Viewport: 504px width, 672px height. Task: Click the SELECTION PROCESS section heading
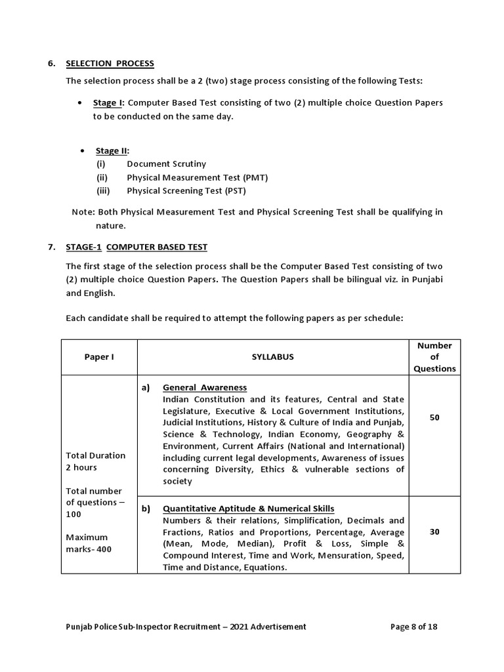[x=110, y=64]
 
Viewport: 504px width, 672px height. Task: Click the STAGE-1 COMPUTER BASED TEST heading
[x=136, y=247]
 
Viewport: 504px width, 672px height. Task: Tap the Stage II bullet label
[x=111, y=151]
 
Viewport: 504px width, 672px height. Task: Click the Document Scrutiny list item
[x=166, y=164]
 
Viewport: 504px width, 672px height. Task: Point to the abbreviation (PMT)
[x=253, y=178]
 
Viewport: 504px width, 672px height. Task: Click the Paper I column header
[x=98, y=357]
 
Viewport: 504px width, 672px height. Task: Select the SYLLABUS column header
[x=273, y=357]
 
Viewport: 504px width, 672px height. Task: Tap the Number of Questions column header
[x=434, y=357]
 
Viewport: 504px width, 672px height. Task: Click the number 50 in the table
[x=434, y=417]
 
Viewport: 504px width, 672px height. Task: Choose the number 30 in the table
[x=434, y=532]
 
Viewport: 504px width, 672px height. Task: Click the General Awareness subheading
[x=204, y=387]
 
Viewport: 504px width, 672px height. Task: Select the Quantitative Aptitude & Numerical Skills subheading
[x=248, y=509]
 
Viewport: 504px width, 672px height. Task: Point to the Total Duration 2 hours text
[x=95, y=461]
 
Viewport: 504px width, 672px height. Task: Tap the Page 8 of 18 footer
[x=413, y=627]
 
